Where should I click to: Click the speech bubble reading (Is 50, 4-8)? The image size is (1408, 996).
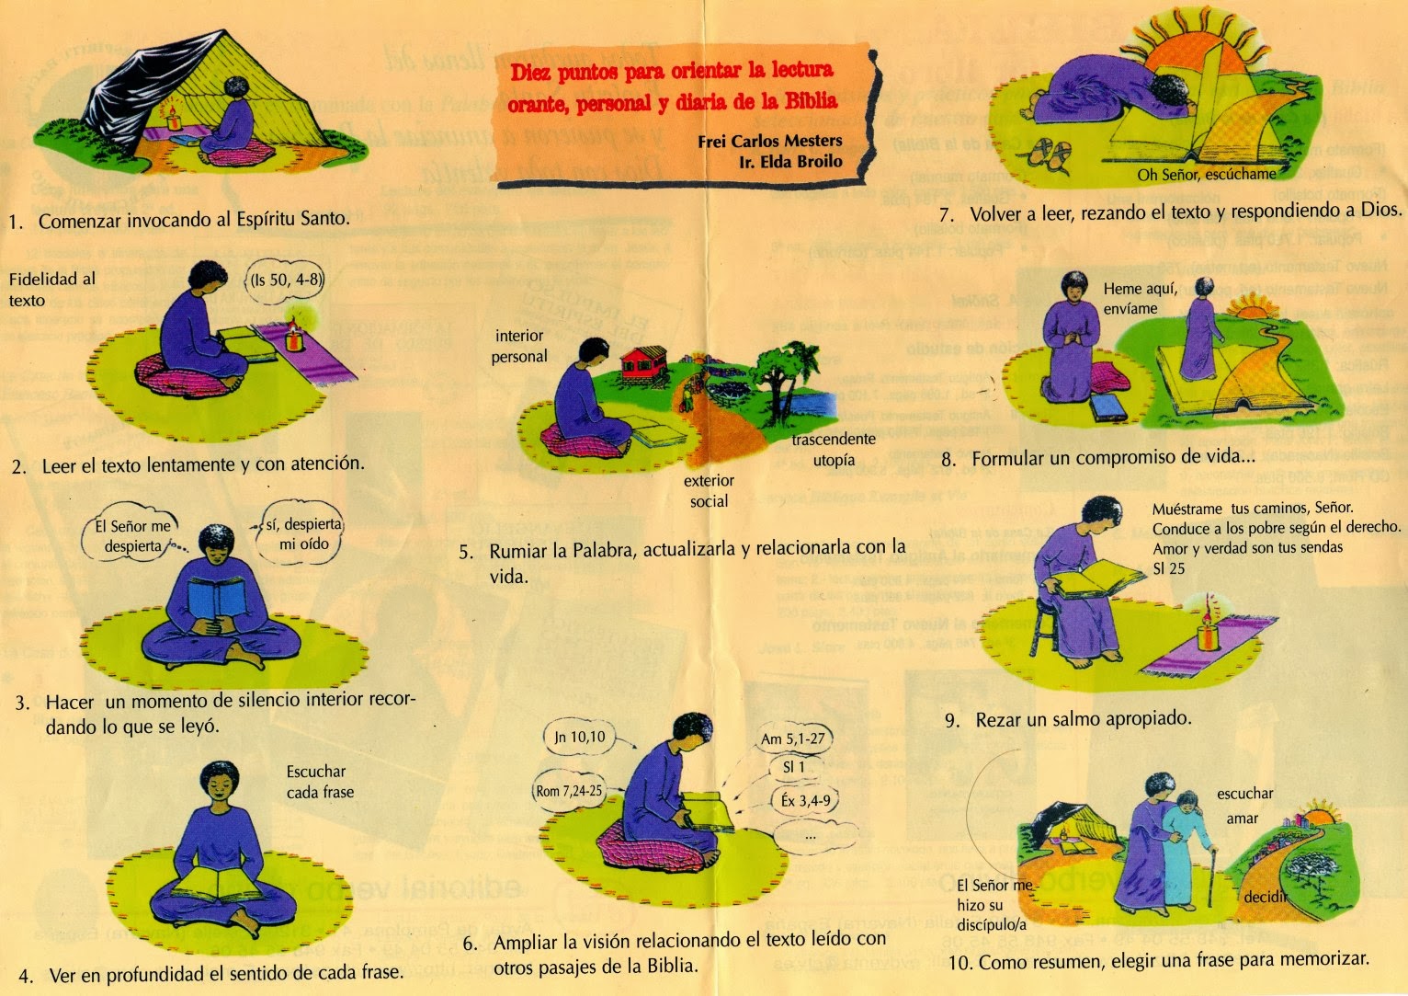(286, 280)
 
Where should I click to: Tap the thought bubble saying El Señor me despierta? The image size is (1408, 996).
(133, 535)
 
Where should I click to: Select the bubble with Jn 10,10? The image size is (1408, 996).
(580, 737)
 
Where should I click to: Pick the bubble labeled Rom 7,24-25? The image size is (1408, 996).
(569, 791)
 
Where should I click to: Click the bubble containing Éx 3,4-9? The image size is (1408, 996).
(805, 801)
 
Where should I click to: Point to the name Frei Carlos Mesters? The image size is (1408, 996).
(770, 141)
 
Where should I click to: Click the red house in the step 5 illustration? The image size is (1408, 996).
(644, 361)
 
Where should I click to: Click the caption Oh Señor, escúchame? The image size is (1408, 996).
(1206, 174)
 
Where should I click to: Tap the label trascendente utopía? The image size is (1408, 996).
(833, 450)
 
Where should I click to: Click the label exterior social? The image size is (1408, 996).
(709, 491)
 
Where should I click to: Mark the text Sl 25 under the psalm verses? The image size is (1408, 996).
(1168, 568)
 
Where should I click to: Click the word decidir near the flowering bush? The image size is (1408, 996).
(1266, 897)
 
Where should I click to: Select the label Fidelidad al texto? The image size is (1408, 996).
(51, 289)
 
